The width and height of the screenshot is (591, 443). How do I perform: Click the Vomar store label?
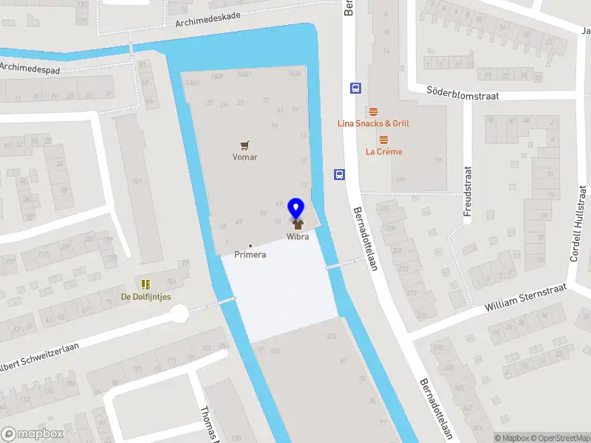[x=245, y=157]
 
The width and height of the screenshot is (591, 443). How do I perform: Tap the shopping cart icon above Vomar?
[x=245, y=145]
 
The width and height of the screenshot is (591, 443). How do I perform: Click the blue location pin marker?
[x=297, y=208]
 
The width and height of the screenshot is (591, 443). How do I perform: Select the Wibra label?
[x=298, y=237]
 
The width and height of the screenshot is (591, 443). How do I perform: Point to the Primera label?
[x=250, y=255]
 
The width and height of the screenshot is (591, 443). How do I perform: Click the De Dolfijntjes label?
[x=146, y=297]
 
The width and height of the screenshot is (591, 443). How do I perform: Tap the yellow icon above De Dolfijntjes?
[x=146, y=284]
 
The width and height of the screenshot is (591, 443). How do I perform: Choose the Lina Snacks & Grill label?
[x=373, y=123]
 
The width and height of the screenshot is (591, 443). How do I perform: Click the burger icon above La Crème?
[x=383, y=140]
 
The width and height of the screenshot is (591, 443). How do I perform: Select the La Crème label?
[x=384, y=152]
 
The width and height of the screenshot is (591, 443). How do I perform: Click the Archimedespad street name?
[x=29, y=67]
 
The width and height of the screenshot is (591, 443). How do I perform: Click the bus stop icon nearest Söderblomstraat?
[x=355, y=88]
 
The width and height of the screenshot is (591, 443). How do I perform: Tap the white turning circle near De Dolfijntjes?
[x=180, y=315]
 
